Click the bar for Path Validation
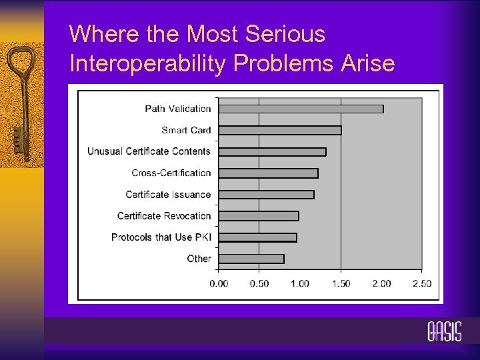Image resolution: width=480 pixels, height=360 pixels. click(x=301, y=109)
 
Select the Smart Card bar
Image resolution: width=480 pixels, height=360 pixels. click(x=280, y=130)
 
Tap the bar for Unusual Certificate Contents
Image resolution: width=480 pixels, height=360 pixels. click(x=272, y=151)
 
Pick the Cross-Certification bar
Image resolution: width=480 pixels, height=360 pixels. click(x=268, y=173)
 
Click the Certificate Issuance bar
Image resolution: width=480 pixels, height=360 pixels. click(x=266, y=195)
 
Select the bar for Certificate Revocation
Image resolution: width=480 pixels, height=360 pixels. click(x=259, y=216)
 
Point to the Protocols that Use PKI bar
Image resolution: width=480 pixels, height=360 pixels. click(x=257, y=237)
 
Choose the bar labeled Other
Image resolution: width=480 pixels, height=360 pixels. click(x=251, y=259)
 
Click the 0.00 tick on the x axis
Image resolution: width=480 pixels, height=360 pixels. click(x=219, y=283)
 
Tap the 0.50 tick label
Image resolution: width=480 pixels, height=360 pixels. click(x=259, y=283)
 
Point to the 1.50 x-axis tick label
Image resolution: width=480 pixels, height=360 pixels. click(x=341, y=283)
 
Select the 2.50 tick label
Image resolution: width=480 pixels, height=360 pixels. click(x=421, y=283)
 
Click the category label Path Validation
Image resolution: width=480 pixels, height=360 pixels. click(x=178, y=109)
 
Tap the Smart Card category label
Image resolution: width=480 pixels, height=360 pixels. click(x=186, y=130)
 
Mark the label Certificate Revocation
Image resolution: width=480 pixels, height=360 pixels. click(x=164, y=216)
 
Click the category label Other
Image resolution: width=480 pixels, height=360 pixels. click(x=199, y=259)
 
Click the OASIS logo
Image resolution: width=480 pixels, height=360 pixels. click(x=444, y=331)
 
